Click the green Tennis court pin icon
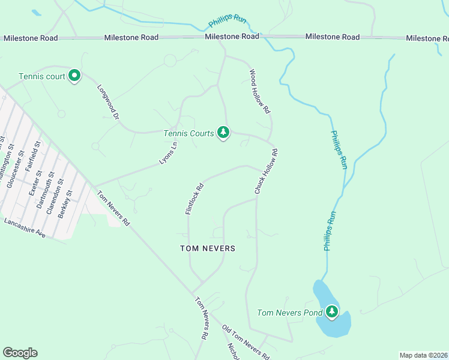tap(74, 76)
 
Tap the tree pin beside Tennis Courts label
tap(223, 132)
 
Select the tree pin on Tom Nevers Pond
tap(331, 312)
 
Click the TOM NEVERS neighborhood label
tap(208, 248)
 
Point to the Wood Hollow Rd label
tap(261, 92)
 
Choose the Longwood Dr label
tap(109, 99)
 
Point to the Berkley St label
tap(65, 203)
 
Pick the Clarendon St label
tap(53, 195)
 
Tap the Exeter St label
tap(35, 182)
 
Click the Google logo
tap(20, 353)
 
